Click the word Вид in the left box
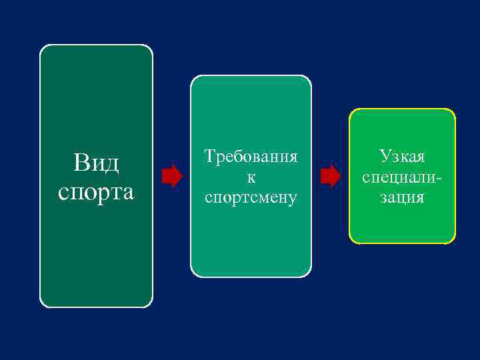96,162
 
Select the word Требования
251,157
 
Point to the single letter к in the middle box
251,177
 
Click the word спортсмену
251,197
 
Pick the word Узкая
402,157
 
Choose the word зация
402,197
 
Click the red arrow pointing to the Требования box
172,175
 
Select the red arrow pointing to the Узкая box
330,176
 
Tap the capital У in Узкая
385,157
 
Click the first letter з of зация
383,198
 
